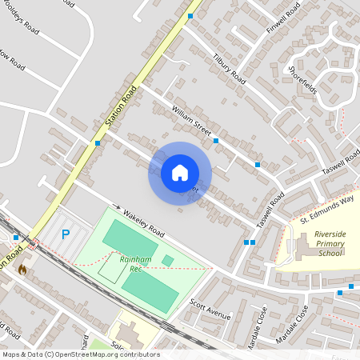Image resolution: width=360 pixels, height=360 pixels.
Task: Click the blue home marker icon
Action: (x=180, y=172)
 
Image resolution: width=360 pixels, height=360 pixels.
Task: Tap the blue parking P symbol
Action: (x=66, y=234)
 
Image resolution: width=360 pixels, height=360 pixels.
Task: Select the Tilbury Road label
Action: (x=229, y=70)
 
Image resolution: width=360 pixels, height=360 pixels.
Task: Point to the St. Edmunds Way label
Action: (x=326, y=209)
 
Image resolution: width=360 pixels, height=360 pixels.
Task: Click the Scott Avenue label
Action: (x=210, y=310)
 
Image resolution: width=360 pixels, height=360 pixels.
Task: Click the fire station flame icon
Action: (x=22, y=270)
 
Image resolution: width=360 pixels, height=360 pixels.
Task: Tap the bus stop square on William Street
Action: (x=216, y=141)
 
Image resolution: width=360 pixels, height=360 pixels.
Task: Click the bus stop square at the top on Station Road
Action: (x=190, y=16)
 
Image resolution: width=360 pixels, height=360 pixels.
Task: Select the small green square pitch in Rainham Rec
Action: (x=167, y=261)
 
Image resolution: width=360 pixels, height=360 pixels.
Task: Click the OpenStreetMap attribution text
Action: (x=80, y=354)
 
